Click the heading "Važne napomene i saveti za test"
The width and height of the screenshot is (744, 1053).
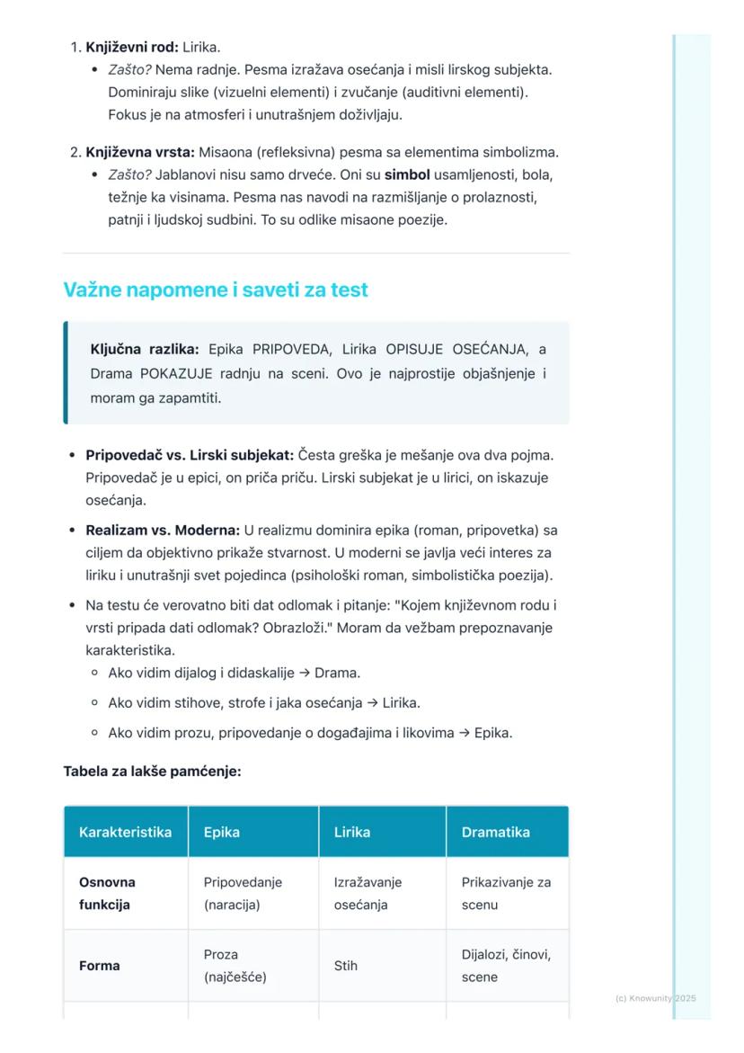216,290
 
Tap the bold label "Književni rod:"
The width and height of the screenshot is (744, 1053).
132,47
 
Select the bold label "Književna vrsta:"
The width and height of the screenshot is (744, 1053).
139,152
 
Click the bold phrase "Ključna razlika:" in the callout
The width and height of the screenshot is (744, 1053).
145,349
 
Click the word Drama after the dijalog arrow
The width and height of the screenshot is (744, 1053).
337,673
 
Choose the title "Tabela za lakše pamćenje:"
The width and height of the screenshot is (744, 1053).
152,771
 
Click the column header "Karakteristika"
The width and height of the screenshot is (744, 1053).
125,832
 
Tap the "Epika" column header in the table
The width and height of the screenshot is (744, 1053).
222,832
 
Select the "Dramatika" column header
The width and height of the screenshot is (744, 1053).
496,832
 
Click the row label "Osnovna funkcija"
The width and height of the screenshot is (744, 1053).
107,893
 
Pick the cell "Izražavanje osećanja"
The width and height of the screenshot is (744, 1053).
368,893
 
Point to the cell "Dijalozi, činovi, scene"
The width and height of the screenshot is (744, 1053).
506,965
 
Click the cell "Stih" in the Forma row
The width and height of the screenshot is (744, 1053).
346,966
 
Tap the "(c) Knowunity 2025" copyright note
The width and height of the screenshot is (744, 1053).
656,998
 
